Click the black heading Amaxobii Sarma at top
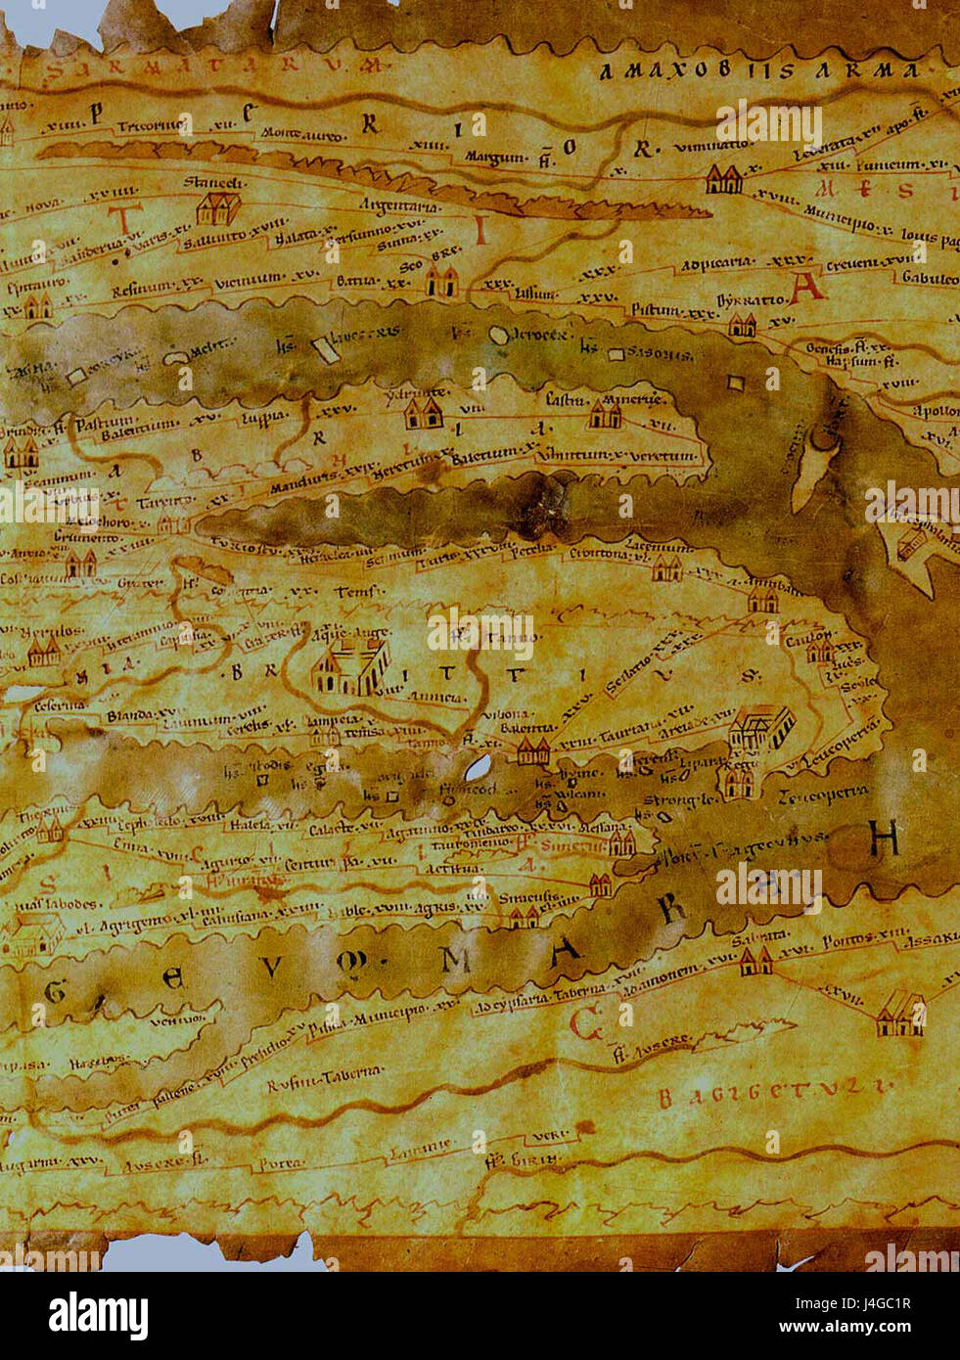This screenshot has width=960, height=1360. [759, 72]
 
